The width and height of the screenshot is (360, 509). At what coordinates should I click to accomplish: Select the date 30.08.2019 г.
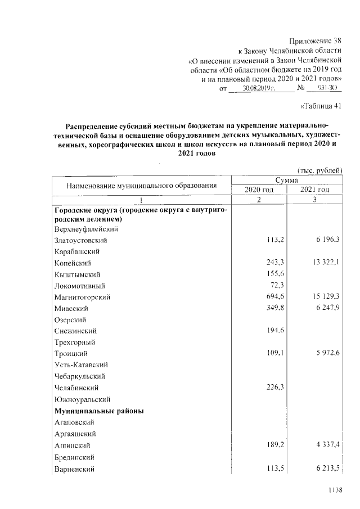pyautogui.click(x=258, y=89)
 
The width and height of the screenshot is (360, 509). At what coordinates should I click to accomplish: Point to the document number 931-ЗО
pyautogui.click(x=326, y=89)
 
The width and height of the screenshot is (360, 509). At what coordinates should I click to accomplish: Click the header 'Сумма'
pyautogui.click(x=287, y=179)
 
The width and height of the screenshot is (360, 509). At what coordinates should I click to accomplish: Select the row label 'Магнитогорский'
pyautogui.click(x=82, y=296)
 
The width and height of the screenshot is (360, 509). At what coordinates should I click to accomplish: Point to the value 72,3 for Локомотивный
pyautogui.click(x=275, y=285)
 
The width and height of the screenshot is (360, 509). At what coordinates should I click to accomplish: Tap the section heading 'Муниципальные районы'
pyautogui.click(x=99, y=411)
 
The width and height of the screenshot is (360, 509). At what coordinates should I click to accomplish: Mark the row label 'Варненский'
pyautogui.click(x=74, y=469)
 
